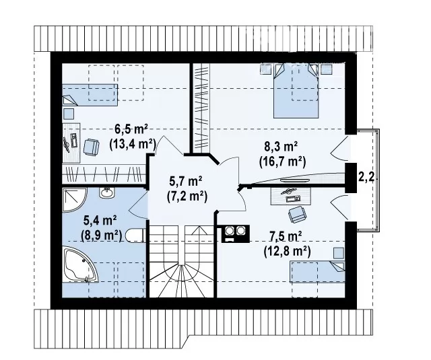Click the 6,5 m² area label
(x=131, y=129)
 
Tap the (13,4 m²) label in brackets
(x=133, y=143)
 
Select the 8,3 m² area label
(x=281, y=147)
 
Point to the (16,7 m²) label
(x=283, y=161)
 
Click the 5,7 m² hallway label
(x=186, y=182)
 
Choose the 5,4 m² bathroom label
(x=100, y=221)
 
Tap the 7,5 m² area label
(x=286, y=236)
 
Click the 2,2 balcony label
(x=366, y=178)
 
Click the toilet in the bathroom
(x=135, y=236)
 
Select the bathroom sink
(x=107, y=192)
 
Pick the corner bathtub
(x=79, y=264)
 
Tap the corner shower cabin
(x=75, y=200)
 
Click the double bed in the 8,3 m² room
(x=296, y=91)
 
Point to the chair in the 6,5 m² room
(x=92, y=147)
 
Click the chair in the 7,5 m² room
(x=297, y=214)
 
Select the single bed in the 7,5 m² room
(x=317, y=272)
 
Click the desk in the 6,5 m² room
(x=71, y=143)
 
